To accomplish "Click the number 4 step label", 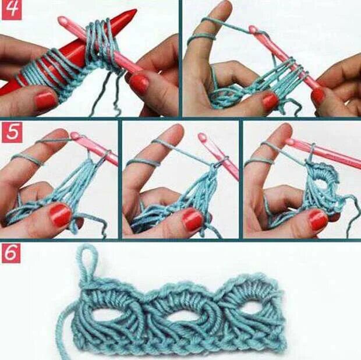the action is point(12,10).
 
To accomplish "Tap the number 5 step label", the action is point(12,132).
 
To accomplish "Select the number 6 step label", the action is point(11,253).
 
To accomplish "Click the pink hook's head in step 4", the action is point(63,21).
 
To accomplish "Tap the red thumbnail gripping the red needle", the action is point(45,100).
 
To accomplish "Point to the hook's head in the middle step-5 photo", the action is point(202,137).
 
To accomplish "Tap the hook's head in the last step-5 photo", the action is point(291,142).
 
